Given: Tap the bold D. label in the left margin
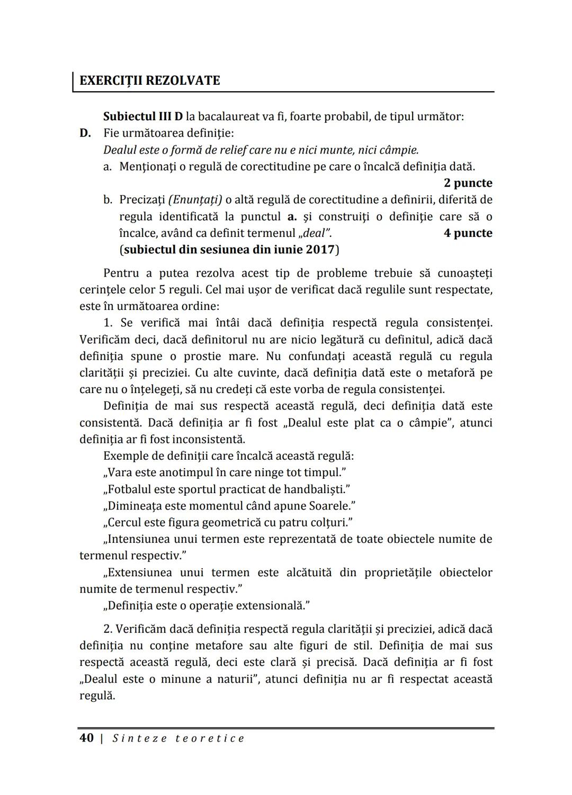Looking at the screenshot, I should [x=85, y=133].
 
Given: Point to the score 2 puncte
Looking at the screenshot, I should [x=468, y=183].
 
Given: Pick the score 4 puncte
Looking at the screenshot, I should [x=468, y=233].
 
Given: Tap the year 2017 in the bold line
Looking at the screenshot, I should [x=319, y=249].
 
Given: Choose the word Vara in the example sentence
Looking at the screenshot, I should [x=120, y=472].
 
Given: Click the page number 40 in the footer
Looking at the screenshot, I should [x=86, y=738].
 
